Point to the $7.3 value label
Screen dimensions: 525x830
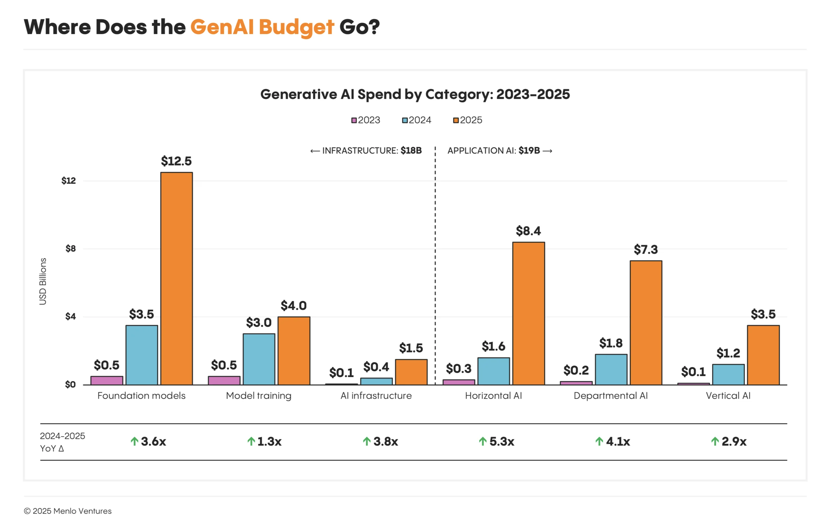646,249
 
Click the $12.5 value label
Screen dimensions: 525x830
176,161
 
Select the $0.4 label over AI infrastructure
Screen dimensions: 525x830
376,367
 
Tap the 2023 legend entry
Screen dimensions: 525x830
366,120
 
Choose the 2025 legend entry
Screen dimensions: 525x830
468,120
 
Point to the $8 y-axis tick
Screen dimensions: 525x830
71,248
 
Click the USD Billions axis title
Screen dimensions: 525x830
43,281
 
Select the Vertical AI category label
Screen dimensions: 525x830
728,395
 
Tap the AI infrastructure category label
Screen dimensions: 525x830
376,395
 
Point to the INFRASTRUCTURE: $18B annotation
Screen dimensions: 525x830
366,151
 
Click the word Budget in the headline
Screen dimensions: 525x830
296,27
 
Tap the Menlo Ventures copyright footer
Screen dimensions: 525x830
67,511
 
